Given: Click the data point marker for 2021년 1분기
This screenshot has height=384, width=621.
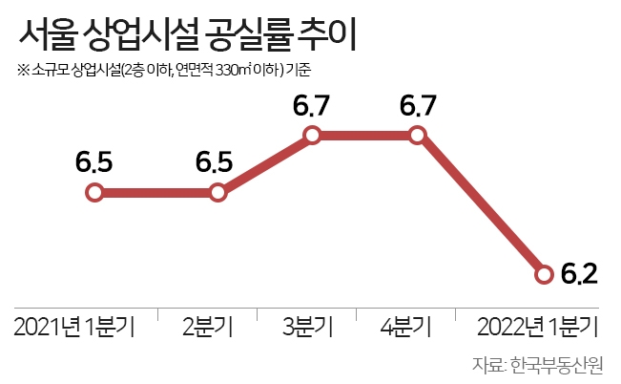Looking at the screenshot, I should coord(93,193).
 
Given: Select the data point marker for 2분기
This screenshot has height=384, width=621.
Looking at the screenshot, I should coord(217,193).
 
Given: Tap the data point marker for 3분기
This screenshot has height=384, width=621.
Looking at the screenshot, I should coord(313,136).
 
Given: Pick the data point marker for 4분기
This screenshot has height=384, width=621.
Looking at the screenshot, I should coord(417,136).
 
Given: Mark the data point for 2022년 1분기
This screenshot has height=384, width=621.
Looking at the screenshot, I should coord(544,275).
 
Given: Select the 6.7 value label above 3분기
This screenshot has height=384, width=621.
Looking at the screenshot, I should coord(312,106).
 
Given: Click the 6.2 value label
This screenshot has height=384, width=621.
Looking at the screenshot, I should coord(580,276).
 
